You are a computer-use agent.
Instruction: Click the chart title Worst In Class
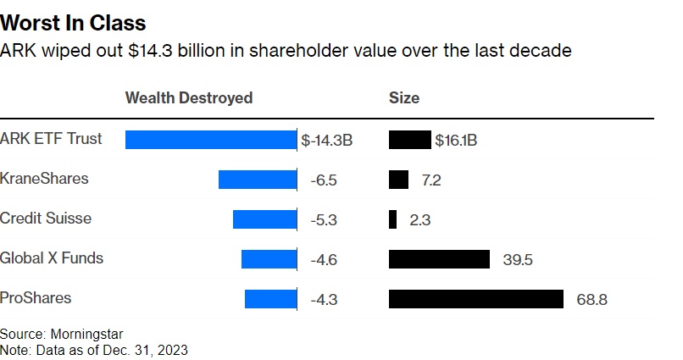coord(73,23)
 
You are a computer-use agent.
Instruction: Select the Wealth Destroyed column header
coord(189,97)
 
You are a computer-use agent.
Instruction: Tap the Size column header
coord(403,97)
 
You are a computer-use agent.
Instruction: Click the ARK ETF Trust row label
coord(51,139)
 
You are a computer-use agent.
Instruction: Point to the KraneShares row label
coord(44,179)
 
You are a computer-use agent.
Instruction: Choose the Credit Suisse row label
coord(46,218)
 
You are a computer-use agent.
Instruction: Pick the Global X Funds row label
coord(52,258)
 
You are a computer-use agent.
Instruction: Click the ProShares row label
coord(36,297)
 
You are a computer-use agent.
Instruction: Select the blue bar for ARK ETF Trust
coord(210,140)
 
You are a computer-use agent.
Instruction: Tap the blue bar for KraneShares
coord(258,180)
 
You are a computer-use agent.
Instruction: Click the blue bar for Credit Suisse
coord(264,219)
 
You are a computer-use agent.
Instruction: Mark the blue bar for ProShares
coord(270,299)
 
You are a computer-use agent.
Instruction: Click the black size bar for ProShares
coord(475,299)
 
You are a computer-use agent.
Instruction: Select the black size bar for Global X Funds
coord(439,259)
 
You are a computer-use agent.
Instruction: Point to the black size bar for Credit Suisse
coord(392,219)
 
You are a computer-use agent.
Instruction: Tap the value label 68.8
coord(591,300)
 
